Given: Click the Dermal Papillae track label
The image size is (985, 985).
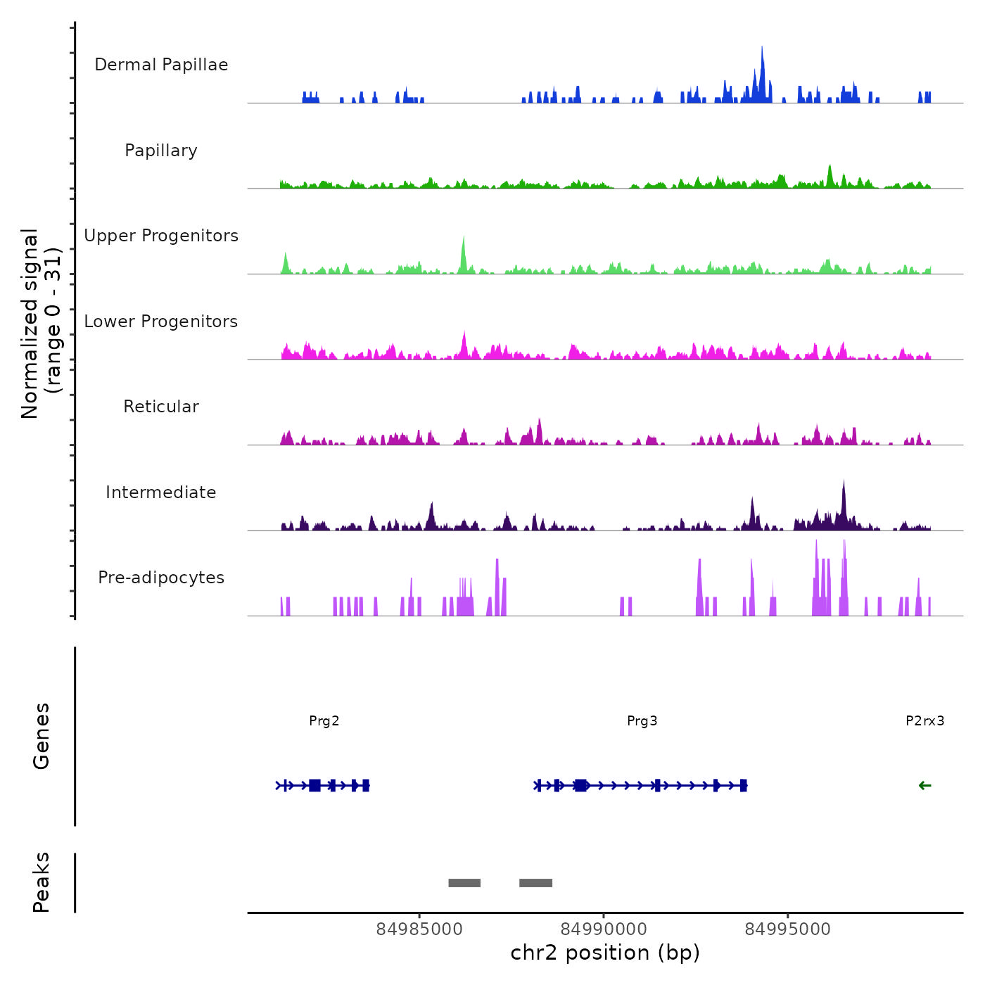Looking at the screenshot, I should (161, 65).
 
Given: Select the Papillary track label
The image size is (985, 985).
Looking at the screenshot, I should (161, 151).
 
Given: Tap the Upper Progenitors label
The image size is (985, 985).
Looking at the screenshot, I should (161, 236).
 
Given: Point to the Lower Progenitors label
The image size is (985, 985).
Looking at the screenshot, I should (161, 322).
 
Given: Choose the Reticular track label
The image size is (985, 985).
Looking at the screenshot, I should (161, 407).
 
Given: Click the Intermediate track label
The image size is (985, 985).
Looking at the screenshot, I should (161, 493).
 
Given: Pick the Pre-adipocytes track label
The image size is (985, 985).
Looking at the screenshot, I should (161, 578).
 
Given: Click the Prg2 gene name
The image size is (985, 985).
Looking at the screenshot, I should (324, 720).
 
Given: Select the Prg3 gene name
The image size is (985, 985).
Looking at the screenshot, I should (642, 720).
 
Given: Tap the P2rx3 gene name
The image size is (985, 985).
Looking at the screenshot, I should (925, 720).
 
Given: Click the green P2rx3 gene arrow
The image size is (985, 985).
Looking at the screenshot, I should (925, 786).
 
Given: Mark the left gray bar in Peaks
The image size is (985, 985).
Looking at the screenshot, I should (464, 883).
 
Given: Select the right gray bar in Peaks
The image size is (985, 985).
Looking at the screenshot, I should (536, 883).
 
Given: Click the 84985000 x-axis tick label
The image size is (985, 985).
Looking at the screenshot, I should (419, 929).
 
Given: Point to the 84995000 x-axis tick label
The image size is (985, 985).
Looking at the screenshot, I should (788, 929).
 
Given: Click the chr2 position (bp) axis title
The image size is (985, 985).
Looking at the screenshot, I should (605, 953).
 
